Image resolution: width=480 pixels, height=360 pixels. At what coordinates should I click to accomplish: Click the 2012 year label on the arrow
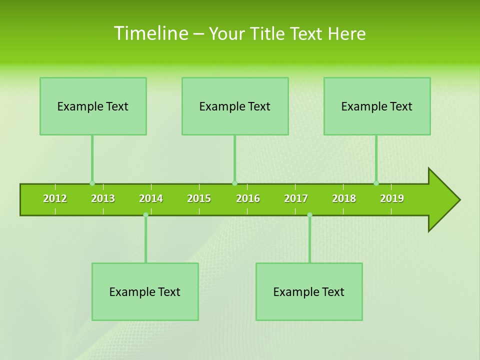coord(55,198)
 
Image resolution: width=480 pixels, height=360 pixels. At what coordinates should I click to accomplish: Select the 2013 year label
coord(103,198)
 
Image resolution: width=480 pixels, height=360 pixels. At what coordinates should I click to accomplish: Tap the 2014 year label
coord(151,198)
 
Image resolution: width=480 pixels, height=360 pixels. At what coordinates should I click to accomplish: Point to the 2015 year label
coord(199,198)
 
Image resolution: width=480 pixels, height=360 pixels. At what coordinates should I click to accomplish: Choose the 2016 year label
coord(248,198)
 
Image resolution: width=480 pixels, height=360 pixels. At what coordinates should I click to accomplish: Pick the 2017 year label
coord(296,198)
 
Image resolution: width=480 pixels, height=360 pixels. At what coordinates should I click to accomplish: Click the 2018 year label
coord(344,198)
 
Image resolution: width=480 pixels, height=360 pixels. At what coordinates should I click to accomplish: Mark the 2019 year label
coord(392,198)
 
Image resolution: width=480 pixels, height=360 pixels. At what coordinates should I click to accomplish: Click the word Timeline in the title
coord(150,33)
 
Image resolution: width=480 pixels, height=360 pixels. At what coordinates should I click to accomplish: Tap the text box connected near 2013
coord(93,106)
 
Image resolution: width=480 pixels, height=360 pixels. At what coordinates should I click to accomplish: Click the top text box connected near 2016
coord(235,106)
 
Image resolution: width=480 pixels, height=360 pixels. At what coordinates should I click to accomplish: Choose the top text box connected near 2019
coord(377,106)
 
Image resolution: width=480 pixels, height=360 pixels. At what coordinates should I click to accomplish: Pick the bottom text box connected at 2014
coord(145,291)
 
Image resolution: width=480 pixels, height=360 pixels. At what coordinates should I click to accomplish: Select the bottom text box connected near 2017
coord(309,291)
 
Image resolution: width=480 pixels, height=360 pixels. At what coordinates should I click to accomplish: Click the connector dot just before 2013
coord(92,183)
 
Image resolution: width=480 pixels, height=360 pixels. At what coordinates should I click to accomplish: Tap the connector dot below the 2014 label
coord(145,215)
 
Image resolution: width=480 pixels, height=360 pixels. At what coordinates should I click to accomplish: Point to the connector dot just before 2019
coord(376,183)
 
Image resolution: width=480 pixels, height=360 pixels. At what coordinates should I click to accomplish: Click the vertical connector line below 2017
coord(309,240)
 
